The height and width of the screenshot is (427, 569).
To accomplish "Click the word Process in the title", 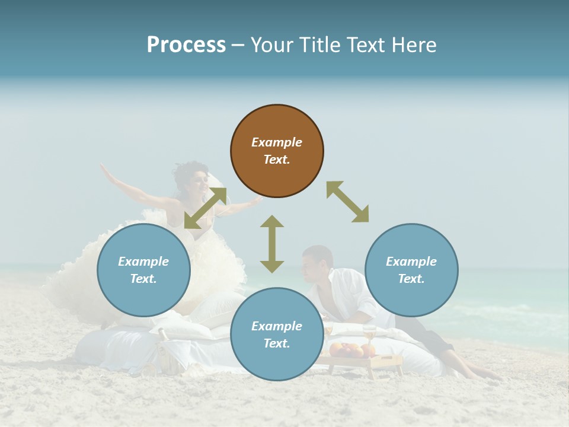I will coord(186,45).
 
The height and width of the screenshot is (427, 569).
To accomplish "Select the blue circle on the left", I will coord(143,270).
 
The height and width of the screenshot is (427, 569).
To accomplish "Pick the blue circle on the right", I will coord(411,270).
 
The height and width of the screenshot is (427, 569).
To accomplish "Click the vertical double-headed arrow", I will coord(272,244).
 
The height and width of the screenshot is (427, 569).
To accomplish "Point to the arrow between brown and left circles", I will coord(205,208).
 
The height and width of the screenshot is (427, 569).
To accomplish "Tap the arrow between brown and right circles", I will coord(347,202).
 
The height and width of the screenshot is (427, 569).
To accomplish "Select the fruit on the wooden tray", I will coord(347,349).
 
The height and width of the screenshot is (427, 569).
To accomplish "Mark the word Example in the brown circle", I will coord(277,142).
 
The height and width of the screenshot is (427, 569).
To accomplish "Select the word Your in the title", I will coord(271,45).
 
